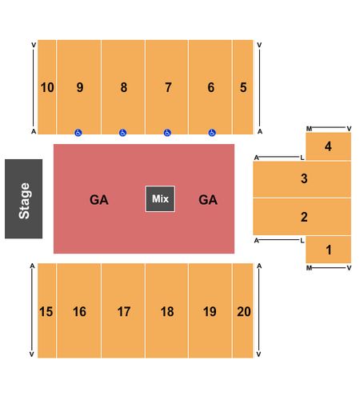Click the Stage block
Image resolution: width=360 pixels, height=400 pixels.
(23, 198)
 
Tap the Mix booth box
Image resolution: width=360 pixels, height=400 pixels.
(160, 199)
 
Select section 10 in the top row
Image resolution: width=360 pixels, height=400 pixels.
(47, 87)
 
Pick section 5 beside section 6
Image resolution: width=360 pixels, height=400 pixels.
(242, 87)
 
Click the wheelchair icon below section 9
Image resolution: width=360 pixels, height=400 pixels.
(78, 133)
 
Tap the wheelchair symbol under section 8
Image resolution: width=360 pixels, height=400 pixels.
(122, 133)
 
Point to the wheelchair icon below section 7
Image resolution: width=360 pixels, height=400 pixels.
(167, 133)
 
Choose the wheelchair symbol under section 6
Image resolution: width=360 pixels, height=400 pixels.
(212, 133)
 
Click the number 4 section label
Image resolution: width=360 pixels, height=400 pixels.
(328, 146)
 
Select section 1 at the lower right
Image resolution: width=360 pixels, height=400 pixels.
(328, 250)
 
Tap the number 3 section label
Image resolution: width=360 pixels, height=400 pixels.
(304, 178)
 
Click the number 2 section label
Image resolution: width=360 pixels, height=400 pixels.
(304, 217)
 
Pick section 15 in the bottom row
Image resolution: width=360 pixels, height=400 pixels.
(47, 310)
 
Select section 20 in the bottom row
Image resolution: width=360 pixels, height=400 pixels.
(242, 310)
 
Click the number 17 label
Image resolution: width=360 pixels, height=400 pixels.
(124, 311)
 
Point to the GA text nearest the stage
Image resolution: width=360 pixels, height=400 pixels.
(99, 200)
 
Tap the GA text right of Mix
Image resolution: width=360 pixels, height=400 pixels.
(208, 200)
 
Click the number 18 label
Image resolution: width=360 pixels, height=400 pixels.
(167, 311)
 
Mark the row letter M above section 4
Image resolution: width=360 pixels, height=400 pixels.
(309, 129)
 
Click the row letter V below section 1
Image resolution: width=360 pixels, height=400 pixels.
(349, 268)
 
